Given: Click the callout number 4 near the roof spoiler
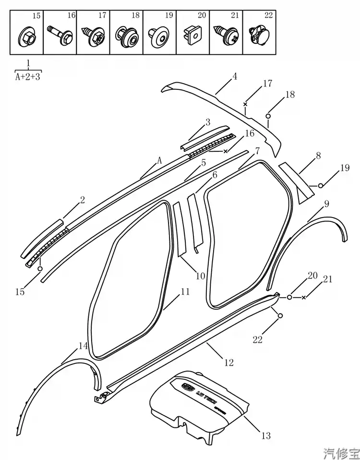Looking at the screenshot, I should tap(235, 76).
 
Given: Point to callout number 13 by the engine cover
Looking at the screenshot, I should tap(265, 436).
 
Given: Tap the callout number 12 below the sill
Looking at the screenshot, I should tap(229, 363).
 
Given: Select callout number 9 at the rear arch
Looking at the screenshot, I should tap(326, 204).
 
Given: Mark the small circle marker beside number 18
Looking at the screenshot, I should tap(268, 116).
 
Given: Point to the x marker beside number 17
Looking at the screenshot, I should tap(245, 104).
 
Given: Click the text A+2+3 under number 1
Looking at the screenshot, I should tap(28, 75).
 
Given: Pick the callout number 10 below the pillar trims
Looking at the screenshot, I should tap(200, 276).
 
